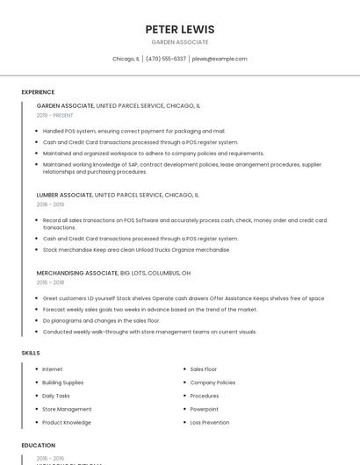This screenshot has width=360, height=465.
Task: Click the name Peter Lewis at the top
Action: tap(180, 29)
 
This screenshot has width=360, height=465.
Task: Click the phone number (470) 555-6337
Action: tap(166, 59)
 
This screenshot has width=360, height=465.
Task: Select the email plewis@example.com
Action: tap(220, 59)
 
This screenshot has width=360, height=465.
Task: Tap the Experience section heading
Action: tap(38, 92)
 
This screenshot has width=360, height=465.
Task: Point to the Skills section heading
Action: tap(31, 353)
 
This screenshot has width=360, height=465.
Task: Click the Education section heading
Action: tap(38, 446)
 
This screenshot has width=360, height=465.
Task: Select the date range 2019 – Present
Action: tap(55, 115)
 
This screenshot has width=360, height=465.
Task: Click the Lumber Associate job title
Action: tap(64, 195)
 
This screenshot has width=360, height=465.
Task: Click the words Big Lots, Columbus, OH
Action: tap(155, 273)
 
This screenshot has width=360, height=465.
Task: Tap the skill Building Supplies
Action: tap(63, 383)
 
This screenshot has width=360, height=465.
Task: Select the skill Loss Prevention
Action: tap(210, 422)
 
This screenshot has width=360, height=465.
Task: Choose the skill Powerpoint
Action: tap(205, 409)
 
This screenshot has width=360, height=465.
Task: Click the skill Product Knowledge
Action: tap(67, 422)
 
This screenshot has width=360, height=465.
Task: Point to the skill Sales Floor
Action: tap(204, 369)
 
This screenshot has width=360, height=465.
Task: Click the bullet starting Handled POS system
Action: tap(133, 131)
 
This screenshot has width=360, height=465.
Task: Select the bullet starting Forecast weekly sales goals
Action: tap(149, 309)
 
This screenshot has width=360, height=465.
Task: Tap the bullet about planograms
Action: tap(101, 320)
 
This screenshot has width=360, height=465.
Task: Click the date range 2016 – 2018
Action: tap(50, 283)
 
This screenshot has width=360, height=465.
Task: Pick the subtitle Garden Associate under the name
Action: tap(180, 42)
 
